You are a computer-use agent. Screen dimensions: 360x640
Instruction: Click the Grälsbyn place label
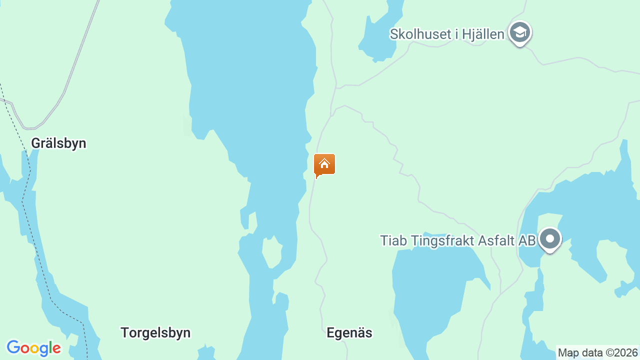(x=58, y=143)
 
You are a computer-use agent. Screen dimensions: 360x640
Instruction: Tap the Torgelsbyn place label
(x=155, y=332)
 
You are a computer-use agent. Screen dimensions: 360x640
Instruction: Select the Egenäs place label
(x=349, y=332)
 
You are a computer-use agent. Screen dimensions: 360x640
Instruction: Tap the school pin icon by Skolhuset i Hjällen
(x=520, y=33)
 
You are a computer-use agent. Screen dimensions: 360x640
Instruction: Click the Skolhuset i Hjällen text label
(x=447, y=34)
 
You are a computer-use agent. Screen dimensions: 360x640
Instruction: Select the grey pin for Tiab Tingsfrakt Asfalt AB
(x=550, y=239)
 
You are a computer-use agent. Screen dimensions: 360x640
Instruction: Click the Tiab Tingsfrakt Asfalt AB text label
(x=457, y=240)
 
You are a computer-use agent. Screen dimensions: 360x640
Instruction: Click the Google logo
(x=33, y=348)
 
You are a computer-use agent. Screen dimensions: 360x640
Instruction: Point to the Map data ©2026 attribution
(x=598, y=352)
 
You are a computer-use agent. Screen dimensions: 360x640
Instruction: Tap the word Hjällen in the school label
(x=482, y=34)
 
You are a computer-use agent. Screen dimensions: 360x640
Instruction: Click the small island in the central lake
(x=272, y=252)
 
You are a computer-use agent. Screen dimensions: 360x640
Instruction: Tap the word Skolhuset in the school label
(x=416, y=34)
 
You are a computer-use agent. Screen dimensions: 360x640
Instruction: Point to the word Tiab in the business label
(x=390, y=240)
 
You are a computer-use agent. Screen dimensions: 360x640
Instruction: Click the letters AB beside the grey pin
(x=527, y=240)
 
